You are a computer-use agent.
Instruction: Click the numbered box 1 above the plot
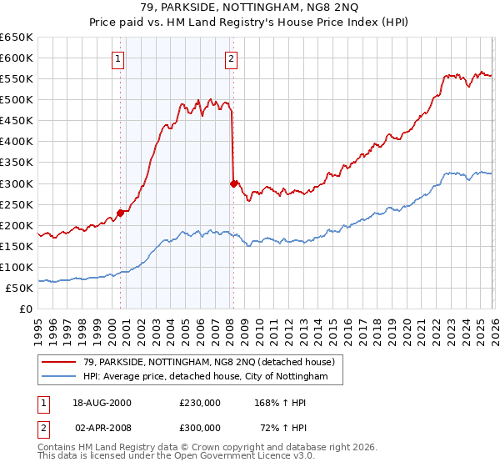[x=119, y=58]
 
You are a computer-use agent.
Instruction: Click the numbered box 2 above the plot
[x=231, y=58]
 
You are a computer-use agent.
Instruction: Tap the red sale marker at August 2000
[x=120, y=212]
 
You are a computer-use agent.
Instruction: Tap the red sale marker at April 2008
[x=233, y=183]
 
